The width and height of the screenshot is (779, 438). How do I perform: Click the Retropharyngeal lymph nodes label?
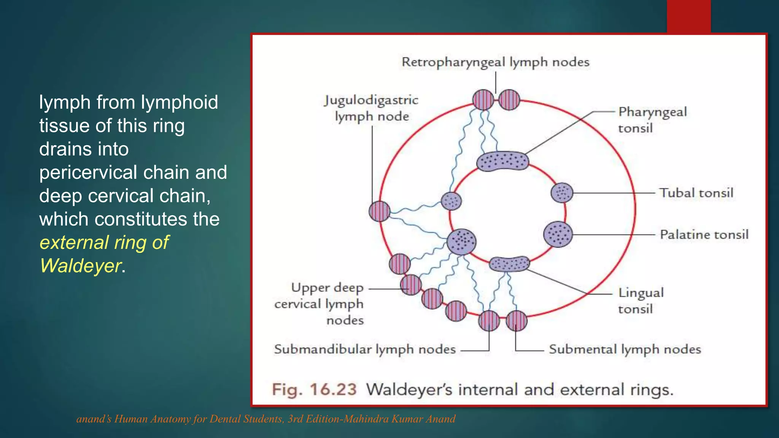[495, 62]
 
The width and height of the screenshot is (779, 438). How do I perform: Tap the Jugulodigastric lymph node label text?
[371, 108]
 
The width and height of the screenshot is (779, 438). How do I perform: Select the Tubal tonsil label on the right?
[696, 193]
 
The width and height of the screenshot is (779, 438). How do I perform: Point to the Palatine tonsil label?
[704, 235]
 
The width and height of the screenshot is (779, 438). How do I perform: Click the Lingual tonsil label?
[641, 300]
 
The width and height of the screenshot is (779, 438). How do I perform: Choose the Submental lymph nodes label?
[625, 349]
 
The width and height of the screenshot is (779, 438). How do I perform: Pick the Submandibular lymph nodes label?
[365, 349]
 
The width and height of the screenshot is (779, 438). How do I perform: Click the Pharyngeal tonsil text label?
[652, 120]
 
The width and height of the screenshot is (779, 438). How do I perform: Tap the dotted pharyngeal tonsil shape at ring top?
[502, 161]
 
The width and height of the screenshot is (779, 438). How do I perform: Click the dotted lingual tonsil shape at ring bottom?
[509, 263]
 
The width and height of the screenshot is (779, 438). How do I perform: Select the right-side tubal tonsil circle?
[562, 192]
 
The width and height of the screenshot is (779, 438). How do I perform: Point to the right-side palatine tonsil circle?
[558, 235]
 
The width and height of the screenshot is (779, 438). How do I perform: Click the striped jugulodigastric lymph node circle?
[380, 211]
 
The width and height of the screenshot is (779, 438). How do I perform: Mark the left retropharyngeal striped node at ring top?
[483, 100]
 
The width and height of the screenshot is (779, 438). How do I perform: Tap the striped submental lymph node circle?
[517, 321]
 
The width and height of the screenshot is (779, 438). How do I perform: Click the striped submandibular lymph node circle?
[489, 321]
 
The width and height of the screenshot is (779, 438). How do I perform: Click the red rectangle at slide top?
[688, 16]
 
